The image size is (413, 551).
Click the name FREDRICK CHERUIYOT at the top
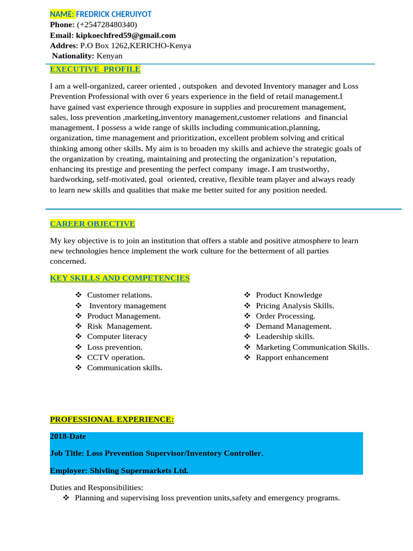(x=113, y=14)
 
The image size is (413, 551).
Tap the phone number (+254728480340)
(x=107, y=25)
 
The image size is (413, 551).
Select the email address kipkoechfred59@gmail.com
(x=126, y=35)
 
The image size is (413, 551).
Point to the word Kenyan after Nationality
(x=109, y=55)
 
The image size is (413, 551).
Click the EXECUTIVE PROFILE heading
(x=95, y=69)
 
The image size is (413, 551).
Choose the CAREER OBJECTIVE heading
(x=92, y=223)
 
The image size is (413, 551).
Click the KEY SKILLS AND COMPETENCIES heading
(x=120, y=278)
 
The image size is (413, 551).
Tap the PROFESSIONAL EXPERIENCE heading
(x=112, y=419)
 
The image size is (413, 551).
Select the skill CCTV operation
(x=116, y=357)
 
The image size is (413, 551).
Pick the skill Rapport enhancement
(x=292, y=357)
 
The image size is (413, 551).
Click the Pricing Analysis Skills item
(x=295, y=306)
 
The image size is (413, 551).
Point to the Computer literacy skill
(x=117, y=336)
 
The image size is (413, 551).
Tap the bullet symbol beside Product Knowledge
(x=247, y=295)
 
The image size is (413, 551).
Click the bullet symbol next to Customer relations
(x=78, y=295)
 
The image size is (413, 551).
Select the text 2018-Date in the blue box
(x=68, y=436)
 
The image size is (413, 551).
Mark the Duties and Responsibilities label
(x=96, y=488)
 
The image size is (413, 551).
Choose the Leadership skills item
(x=285, y=336)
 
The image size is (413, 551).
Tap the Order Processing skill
(x=286, y=316)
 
